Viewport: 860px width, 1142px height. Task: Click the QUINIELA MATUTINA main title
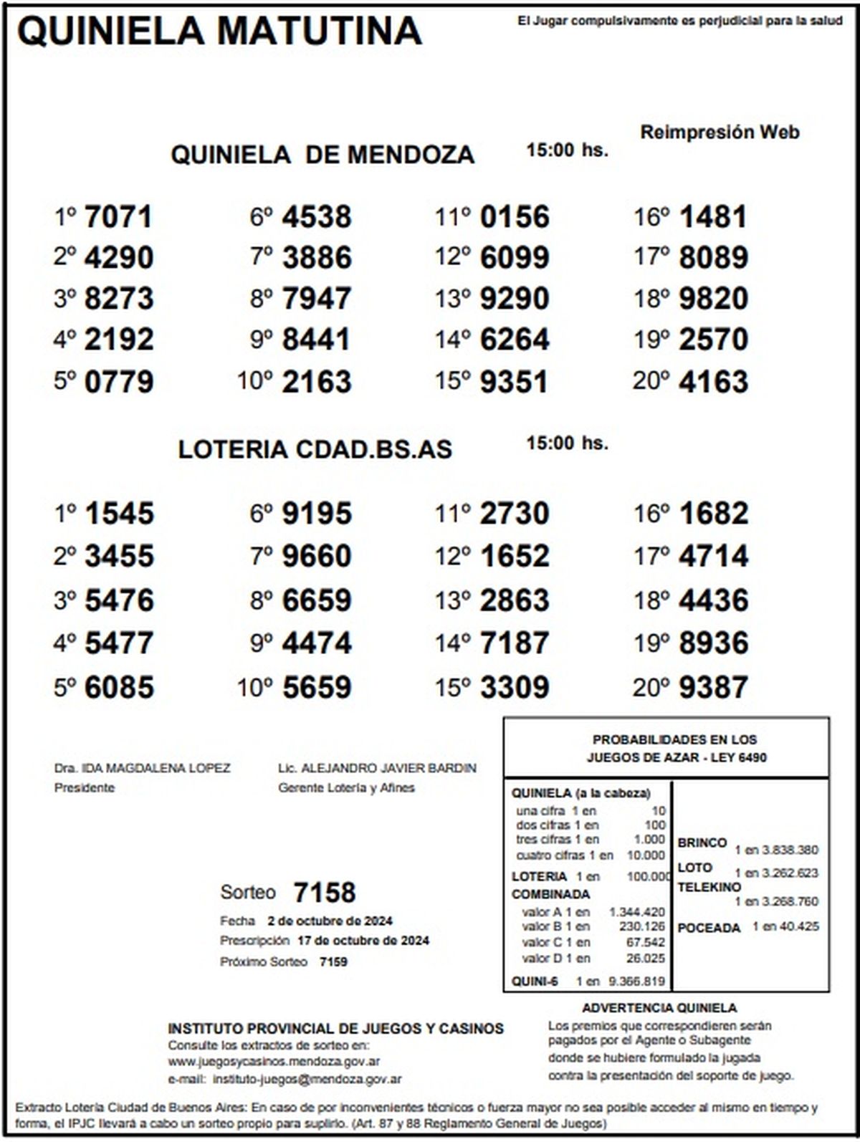pyautogui.click(x=219, y=32)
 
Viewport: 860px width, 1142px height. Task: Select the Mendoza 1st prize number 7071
pyautogui.click(x=119, y=217)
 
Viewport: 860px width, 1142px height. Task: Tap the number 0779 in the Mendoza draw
pyautogui.click(x=119, y=381)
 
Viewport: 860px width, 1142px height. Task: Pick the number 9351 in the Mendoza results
pyautogui.click(x=514, y=381)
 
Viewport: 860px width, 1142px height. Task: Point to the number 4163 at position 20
pyautogui.click(x=713, y=381)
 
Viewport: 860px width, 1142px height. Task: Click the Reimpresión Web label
pyautogui.click(x=720, y=133)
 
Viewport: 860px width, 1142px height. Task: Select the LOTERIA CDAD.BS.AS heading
pyautogui.click(x=315, y=449)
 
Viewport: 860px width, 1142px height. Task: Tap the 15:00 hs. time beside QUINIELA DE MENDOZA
pyautogui.click(x=567, y=150)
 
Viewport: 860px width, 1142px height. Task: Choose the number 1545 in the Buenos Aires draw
pyautogui.click(x=119, y=514)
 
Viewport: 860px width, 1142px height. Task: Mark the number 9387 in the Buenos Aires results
pyautogui.click(x=713, y=688)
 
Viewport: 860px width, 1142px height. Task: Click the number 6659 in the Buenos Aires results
pyautogui.click(x=317, y=600)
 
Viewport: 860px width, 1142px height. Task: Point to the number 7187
pyautogui.click(x=514, y=643)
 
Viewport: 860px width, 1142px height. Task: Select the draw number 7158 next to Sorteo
pyautogui.click(x=325, y=893)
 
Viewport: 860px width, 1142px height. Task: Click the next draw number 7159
pyautogui.click(x=333, y=961)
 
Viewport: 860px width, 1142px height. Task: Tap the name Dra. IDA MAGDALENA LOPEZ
pyautogui.click(x=143, y=769)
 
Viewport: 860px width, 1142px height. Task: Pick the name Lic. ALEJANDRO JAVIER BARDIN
pyautogui.click(x=377, y=769)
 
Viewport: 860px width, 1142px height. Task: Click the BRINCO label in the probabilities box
pyautogui.click(x=702, y=843)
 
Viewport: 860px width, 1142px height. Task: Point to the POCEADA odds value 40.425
pyautogui.click(x=800, y=927)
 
